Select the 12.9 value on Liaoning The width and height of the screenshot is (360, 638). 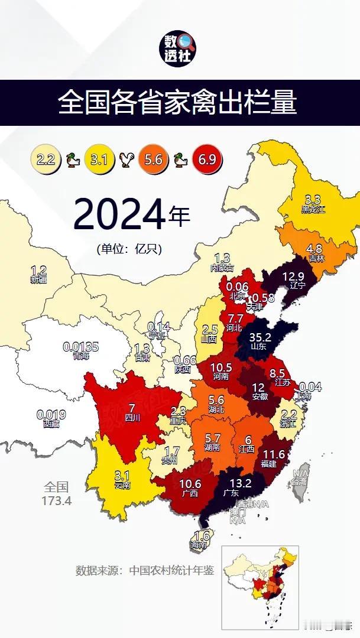pyautogui.click(x=293, y=276)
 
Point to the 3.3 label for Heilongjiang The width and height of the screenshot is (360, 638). pyautogui.click(x=313, y=200)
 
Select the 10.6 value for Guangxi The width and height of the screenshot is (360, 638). pyautogui.click(x=190, y=484)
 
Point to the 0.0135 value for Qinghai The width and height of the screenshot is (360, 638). pyautogui.click(x=81, y=347)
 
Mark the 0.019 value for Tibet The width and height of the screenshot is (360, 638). pyautogui.click(x=51, y=414)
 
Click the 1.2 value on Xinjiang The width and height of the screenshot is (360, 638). pyautogui.click(x=38, y=271)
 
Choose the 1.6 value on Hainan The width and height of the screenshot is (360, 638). pyautogui.click(x=202, y=536)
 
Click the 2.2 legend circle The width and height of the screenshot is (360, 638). pyautogui.click(x=46, y=159)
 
